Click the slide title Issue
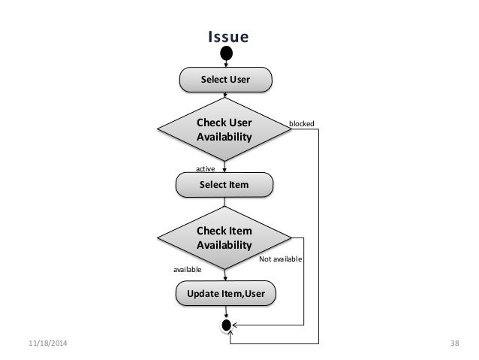click(227, 37)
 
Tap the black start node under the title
click(226, 53)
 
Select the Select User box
click(224, 78)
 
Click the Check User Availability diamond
click(224, 129)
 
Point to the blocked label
click(302, 123)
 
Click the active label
click(205, 169)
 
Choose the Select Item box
click(224, 183)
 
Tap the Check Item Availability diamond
click(224, 237)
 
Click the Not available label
click(280, 259)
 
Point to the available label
click(188, 268)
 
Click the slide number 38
click(453, 343)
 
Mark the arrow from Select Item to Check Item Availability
click(224, 201)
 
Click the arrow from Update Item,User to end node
click(225, 313)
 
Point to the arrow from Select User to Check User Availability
click(225, 95)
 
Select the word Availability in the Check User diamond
click(224, 136)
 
